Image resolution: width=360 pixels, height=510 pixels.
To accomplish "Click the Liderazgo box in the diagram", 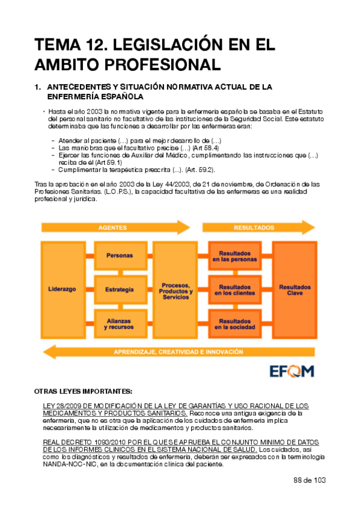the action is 62,289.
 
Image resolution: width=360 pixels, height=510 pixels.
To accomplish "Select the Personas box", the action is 119,256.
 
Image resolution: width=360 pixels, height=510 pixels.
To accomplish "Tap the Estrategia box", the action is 119,289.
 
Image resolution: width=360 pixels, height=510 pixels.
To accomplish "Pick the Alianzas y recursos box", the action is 119,324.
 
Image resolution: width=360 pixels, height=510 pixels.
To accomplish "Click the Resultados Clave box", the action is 294,289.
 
